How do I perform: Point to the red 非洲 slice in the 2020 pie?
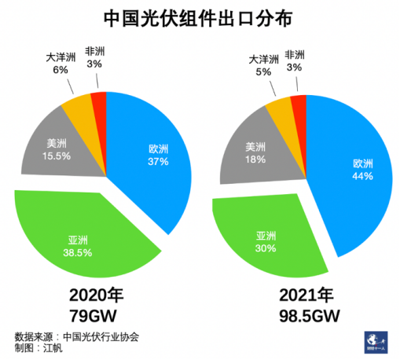point(99,103)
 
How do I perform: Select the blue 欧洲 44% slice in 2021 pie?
point(354,173)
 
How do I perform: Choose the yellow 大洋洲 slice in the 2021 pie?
point(280,109)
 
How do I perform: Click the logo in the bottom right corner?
point(369,340)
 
